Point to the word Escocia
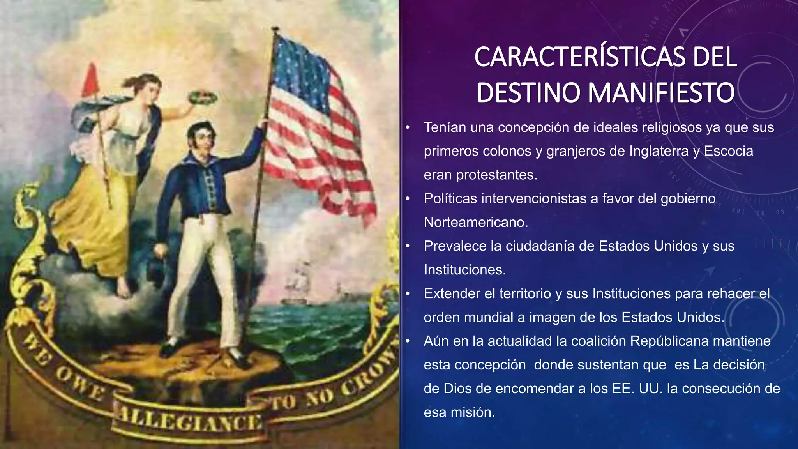pyautogui.click(x=729, y=151)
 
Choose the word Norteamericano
pyautogui.click(x=476, y=223)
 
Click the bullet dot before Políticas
pyautogui.click(x=408, y=199)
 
